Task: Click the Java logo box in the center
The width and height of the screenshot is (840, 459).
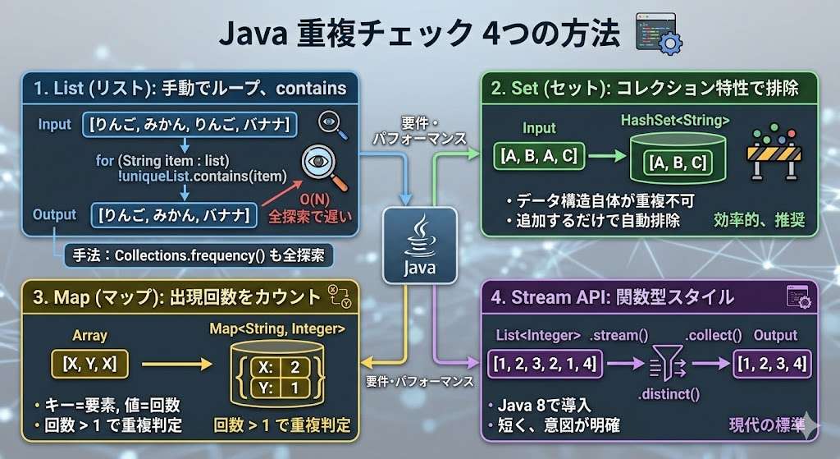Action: (x=419, y=246)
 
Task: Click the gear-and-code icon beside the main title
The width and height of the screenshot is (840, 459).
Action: (x=659, y=33)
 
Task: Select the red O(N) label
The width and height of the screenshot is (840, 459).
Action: (x=314, y=200)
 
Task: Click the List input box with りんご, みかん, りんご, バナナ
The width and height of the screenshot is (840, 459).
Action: (x=189, y=125)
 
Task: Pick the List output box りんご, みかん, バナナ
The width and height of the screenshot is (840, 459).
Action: (x=174, y=215)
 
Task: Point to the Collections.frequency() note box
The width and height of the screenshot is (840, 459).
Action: (x=199, y=255)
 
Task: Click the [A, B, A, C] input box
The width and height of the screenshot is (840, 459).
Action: (x=539, y=156)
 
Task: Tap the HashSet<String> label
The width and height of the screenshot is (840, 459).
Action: (x=675, y=120)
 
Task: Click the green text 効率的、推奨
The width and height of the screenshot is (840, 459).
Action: (x=759, y=220)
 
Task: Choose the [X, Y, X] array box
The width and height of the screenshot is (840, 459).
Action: (x=90, y=364)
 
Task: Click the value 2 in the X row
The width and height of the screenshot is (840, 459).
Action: (x=294, y=367)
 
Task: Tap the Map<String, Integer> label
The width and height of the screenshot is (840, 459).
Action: (x=277, y=328)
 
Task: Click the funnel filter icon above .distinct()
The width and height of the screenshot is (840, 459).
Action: (x=668, y=362)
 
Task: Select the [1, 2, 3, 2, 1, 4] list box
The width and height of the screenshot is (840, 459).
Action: (x=545, y=364)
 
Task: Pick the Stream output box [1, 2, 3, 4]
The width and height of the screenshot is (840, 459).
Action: (x=772, y=364)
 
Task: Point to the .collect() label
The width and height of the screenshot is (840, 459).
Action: (x=714, y=335)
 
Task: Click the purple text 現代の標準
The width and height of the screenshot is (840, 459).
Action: (x=767, y=425)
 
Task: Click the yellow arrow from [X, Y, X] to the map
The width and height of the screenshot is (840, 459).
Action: (x=177, y=364)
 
